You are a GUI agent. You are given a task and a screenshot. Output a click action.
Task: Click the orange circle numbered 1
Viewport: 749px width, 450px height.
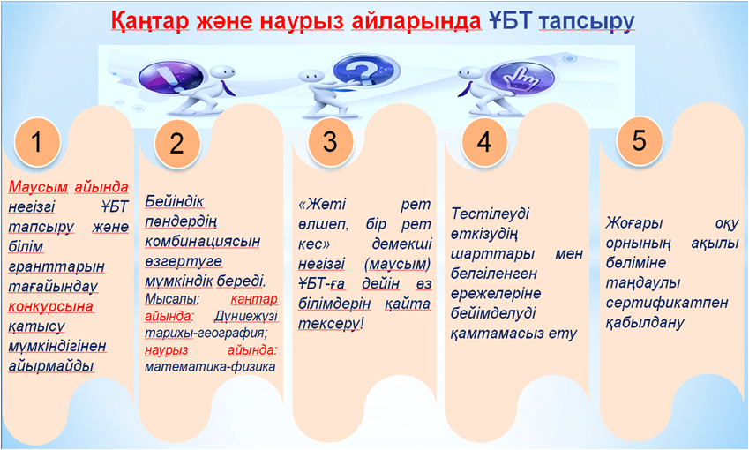click(37, 142)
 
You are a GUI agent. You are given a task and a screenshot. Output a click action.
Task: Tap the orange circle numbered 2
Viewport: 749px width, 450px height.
click(176, 143)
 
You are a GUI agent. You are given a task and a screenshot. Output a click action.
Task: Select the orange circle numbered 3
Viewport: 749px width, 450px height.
click(330, 142)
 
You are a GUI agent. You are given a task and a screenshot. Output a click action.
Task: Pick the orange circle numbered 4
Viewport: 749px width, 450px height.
click(483, 142)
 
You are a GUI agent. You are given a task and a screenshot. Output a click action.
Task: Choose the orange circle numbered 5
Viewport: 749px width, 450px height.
click(639, 140)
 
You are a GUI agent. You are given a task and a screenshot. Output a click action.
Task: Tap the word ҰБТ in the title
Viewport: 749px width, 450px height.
click(510, 20)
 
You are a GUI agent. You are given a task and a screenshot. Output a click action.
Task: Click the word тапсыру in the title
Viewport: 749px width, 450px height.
click(587, 22)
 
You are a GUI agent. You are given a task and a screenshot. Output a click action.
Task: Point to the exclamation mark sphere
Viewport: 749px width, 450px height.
click(170, 77)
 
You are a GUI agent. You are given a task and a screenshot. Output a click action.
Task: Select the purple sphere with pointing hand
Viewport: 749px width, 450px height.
click(522, 78)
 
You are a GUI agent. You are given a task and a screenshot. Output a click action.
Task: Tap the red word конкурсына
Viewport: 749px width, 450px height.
click(50, 306)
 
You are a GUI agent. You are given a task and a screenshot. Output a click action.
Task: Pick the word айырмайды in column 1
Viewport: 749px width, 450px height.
click(51, 366)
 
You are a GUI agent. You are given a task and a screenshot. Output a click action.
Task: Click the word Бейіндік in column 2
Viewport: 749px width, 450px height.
click(175, 201)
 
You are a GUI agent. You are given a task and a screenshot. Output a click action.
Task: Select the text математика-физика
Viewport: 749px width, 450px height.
click(210, 367)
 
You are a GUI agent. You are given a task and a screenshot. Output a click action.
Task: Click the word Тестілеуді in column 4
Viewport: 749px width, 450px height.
click(490, 214)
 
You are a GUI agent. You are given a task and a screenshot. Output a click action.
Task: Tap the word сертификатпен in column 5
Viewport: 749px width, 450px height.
click(667, 303)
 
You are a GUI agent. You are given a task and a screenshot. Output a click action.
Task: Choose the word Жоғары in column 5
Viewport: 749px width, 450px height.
click(634, 223)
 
